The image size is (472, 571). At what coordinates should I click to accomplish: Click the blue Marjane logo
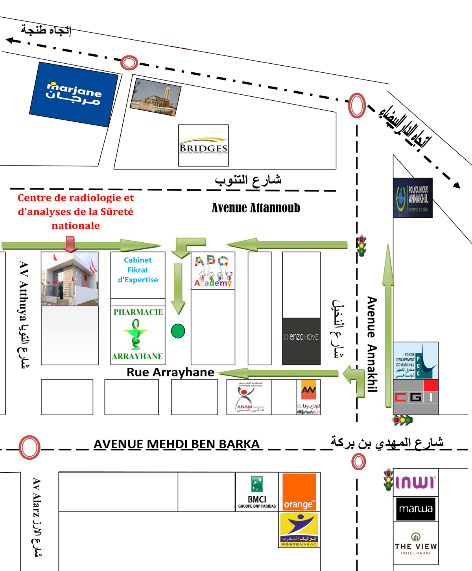coord(74,94)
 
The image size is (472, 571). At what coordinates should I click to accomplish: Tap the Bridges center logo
coord(203,146)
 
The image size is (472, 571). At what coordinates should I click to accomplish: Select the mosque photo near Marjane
coord(156,97)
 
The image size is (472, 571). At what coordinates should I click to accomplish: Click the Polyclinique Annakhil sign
coord(413,198)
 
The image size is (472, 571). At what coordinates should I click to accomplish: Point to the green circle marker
coord(178,331)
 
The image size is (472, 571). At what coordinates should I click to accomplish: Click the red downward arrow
coord(70,244)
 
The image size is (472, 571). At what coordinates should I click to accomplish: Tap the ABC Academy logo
coord(213,271)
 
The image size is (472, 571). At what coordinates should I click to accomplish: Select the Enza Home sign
coord(301,337)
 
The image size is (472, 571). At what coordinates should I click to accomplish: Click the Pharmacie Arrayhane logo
coord(138,334)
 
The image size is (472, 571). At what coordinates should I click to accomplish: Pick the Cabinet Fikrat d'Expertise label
coord(138,270)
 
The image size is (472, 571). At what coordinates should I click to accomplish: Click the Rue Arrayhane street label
coord(170,372)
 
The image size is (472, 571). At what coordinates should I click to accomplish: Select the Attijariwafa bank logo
coord(308,397)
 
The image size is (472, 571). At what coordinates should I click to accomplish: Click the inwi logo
coord(415,483)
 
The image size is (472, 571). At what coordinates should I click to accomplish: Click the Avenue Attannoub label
coord(256,208)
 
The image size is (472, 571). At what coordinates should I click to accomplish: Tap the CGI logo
coord(416,397)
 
